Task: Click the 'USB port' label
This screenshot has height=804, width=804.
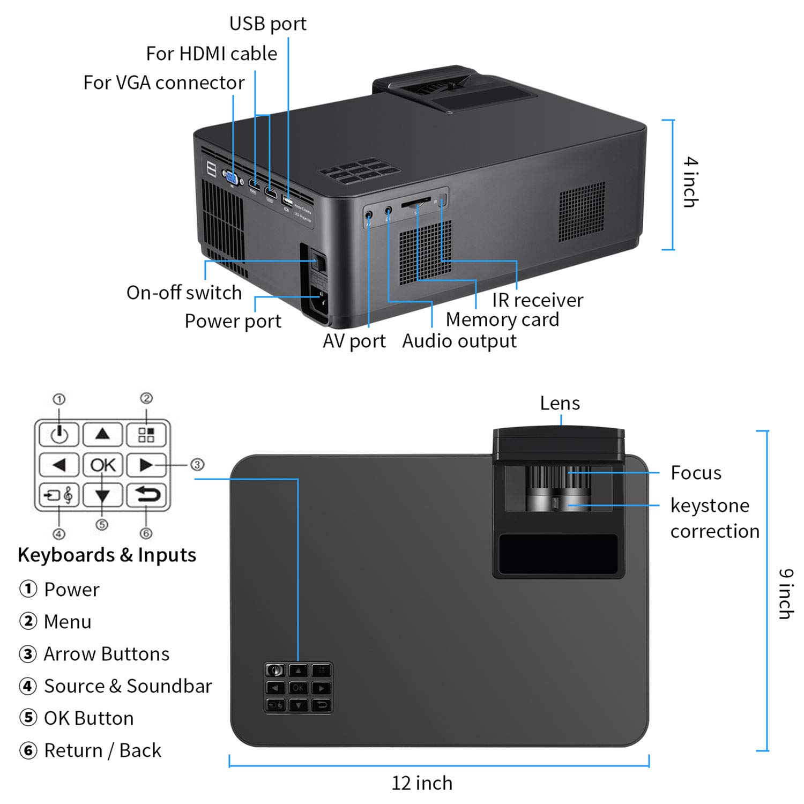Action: tap(267, 24)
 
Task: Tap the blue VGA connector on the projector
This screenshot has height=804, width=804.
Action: tap(232, 177)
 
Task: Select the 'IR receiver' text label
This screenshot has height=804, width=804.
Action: tap(537, 300)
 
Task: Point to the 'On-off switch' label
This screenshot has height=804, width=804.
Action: tap(184, 293)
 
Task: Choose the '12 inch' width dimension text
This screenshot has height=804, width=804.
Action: tap(422, 783)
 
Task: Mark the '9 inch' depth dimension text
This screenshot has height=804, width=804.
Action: tap(786, 594)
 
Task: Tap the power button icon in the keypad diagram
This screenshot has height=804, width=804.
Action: tap(59, 434)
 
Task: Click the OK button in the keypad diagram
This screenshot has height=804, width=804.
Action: tap(102, 465)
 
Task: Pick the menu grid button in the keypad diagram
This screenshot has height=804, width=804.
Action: tap(146, 434)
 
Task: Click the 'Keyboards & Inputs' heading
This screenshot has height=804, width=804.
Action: tap(107, 555)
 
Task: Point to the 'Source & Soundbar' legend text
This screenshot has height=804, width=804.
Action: tap(128, 686)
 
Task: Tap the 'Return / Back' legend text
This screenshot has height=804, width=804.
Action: tap(102, 750)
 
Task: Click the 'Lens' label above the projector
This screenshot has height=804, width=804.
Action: tap(560, 403)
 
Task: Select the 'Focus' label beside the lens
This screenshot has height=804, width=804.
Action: tap(696, 473)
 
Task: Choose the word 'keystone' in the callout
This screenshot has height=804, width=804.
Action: tap(710, 505)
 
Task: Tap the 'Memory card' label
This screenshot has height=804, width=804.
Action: tap(502, 320)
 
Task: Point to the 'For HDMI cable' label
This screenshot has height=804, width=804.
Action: tap(211, 54)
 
